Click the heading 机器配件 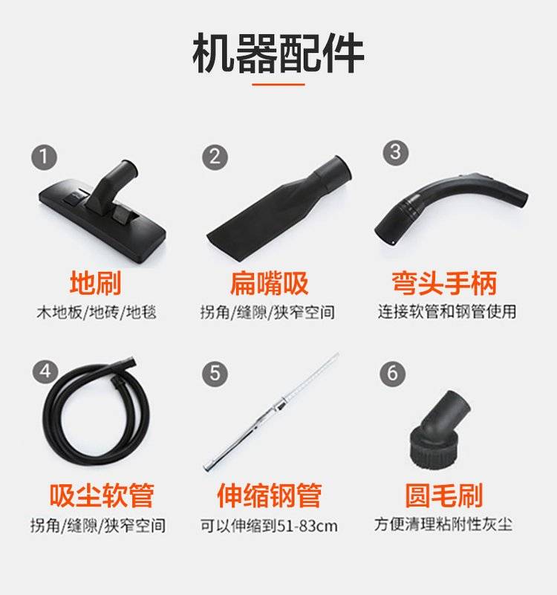[278, 53]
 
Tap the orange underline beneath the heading [278, 84]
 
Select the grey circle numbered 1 [44, 157]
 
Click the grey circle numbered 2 [215, 157]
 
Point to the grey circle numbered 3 [395, 152]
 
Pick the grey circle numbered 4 [45, 371]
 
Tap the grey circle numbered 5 [215, 374]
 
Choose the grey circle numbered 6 [392, 374]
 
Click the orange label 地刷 [96, 283]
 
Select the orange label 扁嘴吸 [269, 283]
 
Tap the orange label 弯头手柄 [444, 283]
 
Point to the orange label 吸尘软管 [102, 495]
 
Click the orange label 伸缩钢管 [270, 495]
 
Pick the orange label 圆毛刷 [444, 495]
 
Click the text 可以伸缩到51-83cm [269, 526]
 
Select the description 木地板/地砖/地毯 [97, 312]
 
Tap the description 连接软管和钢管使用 [447, 311]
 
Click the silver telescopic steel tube [271, 412]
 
